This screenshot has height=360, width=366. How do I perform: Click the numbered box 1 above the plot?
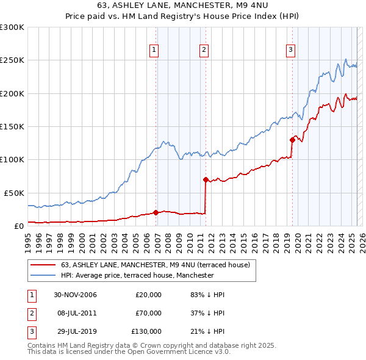pyautogui.click(x=155, y=50)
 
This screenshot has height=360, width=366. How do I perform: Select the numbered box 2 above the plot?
pyautogui.click(x=204, y=50)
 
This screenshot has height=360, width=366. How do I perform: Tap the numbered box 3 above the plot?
pyautogui.click(x=291, y=50)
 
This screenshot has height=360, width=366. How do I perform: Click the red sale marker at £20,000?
pyautogui.click(x=156, y=212)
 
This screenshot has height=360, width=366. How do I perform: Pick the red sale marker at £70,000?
pyautogui.click(x=206, y=179)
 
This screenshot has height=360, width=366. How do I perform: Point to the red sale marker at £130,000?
pyautogui.click(x=292, y=140)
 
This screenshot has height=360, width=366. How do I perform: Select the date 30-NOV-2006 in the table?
pyautogui.click(x=75, y=295)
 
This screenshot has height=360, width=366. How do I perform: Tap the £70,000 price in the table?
pyautogui.click(x=148, y=313)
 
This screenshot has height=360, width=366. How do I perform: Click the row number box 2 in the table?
pyautogui.click(x=30, y=313)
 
